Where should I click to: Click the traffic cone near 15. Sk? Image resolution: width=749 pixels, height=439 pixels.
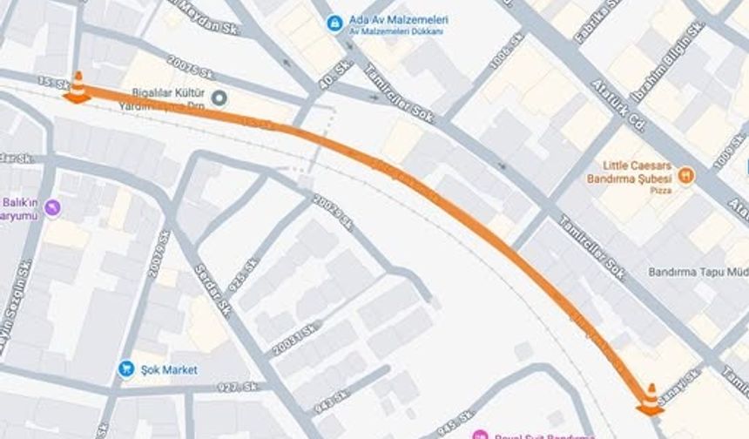coord(77,88)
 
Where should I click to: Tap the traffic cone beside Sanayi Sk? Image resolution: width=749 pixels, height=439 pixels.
coord(650,399)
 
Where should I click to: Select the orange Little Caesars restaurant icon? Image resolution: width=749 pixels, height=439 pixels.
coord(686,175)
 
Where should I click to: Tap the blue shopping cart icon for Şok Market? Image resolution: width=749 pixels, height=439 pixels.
coord(126,369)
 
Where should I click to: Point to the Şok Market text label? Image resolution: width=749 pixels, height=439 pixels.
coord(170,369)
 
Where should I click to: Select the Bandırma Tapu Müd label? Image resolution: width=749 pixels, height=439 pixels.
coord(698,272)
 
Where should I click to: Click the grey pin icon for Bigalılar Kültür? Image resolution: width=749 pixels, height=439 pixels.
coord(219,98)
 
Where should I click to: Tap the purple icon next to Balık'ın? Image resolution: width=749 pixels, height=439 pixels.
coord(53,206)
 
